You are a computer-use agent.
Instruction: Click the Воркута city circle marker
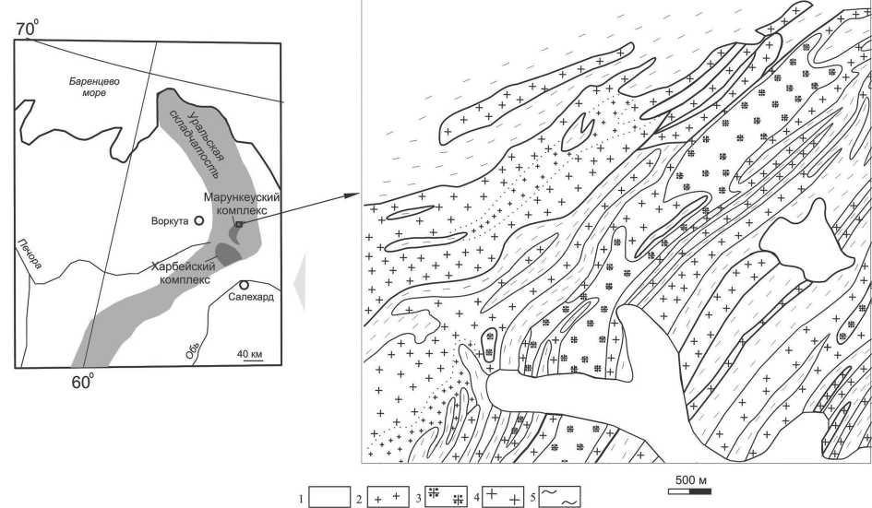[198, 220]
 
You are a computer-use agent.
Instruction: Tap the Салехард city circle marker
[244, 285]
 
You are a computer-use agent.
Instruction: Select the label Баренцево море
[94, 87]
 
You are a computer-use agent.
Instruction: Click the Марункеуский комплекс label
[242, 204]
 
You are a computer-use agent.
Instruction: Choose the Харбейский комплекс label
[184, 273]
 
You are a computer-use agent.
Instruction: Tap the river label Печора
[30, 254]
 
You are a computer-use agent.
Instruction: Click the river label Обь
[193, 349]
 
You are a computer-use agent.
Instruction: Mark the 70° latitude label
[28, 28]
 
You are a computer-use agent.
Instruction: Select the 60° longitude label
[82, 382]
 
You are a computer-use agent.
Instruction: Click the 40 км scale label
[250, 354]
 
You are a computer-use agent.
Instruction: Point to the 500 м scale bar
[689, 491]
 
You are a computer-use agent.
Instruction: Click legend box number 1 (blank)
[329, 497]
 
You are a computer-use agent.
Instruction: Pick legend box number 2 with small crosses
[387, 497]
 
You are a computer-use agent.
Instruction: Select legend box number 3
[446, 497]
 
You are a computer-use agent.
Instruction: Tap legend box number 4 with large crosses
[503, 497]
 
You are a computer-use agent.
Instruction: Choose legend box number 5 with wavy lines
[560, 497]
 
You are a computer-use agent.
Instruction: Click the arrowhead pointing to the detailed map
[352, 195]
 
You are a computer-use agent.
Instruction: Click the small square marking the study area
[239, 224]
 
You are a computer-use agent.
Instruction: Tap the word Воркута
[170, 220]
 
